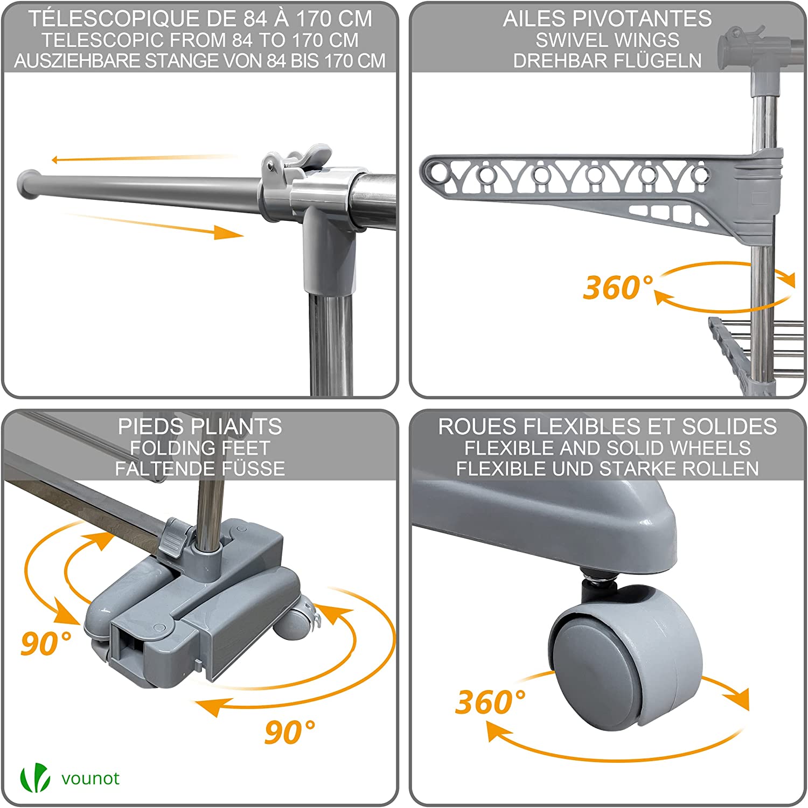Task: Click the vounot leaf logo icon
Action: (35, 778)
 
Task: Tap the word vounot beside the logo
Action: (90, 779)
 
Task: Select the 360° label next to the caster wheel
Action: (490, 702)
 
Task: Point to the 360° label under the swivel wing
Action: (618, 287)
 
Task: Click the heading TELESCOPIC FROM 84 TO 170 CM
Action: (200, 40)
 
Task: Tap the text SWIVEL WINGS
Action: (607, 40)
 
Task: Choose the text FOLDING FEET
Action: (200, 448)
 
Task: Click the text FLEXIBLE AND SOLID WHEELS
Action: (608, 448)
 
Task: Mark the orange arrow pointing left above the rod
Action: (143, 158)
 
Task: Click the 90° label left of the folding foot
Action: (46, 643)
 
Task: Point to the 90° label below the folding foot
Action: (290, 732)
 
